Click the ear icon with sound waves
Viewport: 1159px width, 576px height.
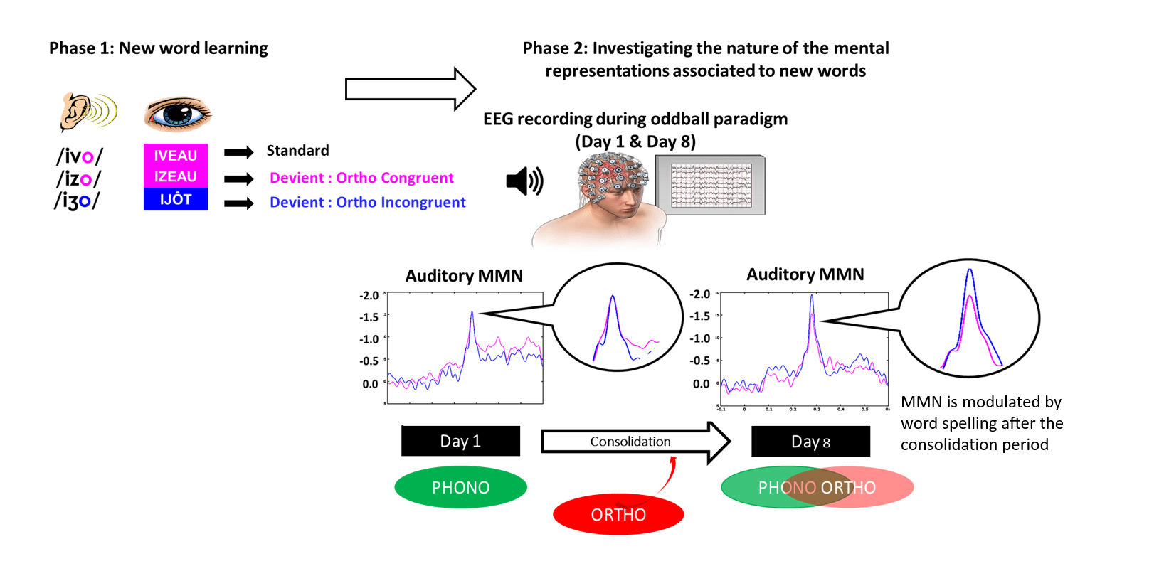[87, 112]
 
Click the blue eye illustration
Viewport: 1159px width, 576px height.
[177, 113]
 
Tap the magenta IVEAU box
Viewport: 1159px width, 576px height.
[176, 156]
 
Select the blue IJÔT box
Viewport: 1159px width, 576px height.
[176, 200]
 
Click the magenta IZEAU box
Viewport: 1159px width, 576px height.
[176, 177]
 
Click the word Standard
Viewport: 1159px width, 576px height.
[297, 151]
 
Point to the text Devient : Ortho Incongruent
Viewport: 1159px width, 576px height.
[367, 203]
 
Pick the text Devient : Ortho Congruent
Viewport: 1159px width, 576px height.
[361, 178]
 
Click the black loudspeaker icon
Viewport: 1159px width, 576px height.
[524, 181]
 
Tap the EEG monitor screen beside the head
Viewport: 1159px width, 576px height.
[711, 186]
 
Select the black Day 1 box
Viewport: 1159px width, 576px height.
[460, 441]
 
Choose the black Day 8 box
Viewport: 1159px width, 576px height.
[810, 442]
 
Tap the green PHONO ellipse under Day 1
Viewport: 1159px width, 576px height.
[460, 488]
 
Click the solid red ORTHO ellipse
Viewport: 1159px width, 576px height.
[618, 515]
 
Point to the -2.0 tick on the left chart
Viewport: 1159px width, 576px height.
[369, 296]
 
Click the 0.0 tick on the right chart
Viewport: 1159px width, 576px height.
[701, 384]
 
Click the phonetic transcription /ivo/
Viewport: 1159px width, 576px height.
[79, 156]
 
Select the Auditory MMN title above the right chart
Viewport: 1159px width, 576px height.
[805, 274]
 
